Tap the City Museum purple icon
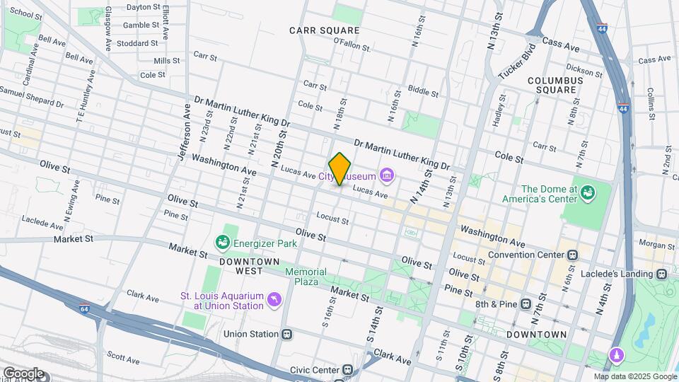[x=386, y=175]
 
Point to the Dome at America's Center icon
[x=586, y=192]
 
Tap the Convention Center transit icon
[x=573, y=255]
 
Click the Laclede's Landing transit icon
[x=661, y=274]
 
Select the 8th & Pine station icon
[x=526, y=304]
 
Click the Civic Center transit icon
[x=347, y=369]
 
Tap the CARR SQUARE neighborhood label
[x=325, y=30]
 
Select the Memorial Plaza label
[x=306, y=277]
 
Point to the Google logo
[x=23, y=373]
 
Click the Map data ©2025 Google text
[x=634, y=376]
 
